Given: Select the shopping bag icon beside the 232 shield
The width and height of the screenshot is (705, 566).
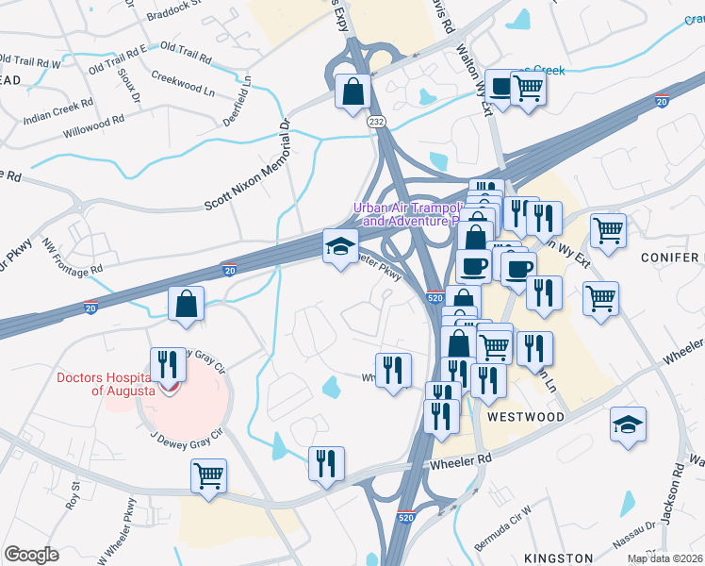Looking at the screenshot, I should (x=352, y=92).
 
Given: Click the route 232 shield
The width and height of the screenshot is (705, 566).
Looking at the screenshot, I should (x=377, y=122).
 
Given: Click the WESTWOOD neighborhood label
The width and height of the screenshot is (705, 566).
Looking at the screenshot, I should (x=526, y=417).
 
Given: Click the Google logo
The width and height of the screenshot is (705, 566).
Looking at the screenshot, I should (x=31, y=555).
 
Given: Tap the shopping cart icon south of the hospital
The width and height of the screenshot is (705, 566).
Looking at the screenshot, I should (x=208, y=474).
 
